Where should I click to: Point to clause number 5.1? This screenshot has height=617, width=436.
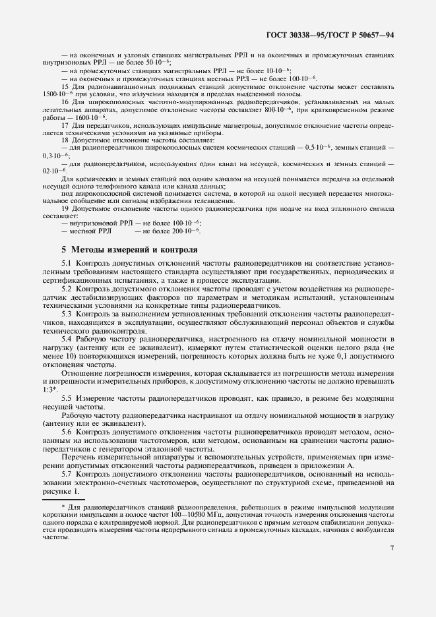(67, 264)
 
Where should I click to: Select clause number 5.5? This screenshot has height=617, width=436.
(67, 399)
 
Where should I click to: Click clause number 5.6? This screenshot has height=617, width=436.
(67, 431)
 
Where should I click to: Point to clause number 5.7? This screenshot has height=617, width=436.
(67, 475)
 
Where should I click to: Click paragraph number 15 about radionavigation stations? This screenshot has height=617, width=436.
(65, 86)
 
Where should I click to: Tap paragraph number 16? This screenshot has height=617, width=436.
(65, 102)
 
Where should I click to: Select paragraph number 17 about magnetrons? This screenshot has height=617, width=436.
(65, 125)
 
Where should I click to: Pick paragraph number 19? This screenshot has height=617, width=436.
(65, 208)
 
